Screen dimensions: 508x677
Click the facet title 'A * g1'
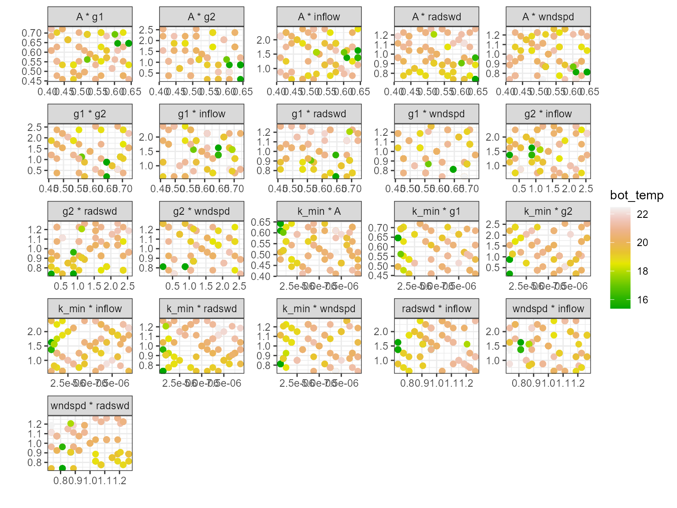click(90, 17)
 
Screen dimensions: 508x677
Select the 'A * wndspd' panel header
click(548, 17)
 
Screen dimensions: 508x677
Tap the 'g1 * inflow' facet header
click(201, 114)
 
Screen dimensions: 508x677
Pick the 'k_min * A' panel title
click(319, 211)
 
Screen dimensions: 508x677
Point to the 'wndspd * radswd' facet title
click(90, 406)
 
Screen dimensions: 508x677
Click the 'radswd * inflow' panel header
click(436, 309)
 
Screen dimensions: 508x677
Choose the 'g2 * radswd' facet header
click(90, 211)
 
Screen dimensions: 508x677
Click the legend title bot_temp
click(636, 195)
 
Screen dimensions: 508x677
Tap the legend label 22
click(643, 214)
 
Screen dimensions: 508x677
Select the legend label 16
click(643, 300)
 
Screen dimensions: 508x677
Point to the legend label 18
click(643, 271)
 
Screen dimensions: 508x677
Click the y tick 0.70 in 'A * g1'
click(32, 33)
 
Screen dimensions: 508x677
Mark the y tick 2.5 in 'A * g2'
click(146, 30)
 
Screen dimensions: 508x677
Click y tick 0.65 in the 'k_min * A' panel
click(261, 222)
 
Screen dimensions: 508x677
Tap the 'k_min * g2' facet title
click(548, 211)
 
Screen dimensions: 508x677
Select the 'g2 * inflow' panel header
click(548, 114)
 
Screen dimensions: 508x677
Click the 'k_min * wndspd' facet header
click(319, 309)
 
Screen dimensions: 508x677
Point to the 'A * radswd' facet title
click(436, 17)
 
